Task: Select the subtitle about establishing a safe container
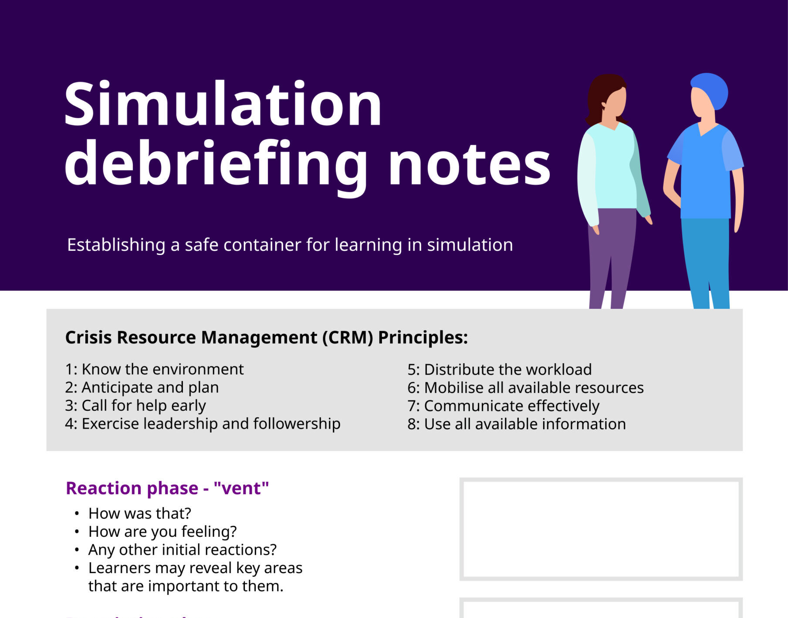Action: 290,245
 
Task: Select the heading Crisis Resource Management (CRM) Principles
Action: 267,338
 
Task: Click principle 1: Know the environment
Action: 154,369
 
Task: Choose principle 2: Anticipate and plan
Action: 142,388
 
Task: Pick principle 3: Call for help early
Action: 135,406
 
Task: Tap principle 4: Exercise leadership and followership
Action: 203,424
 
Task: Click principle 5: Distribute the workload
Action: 500,370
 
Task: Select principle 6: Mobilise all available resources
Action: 526,388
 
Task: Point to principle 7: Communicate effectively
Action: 504,406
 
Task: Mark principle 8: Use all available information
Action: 517,424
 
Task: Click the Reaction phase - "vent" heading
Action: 167,488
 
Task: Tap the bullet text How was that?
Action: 140,514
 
